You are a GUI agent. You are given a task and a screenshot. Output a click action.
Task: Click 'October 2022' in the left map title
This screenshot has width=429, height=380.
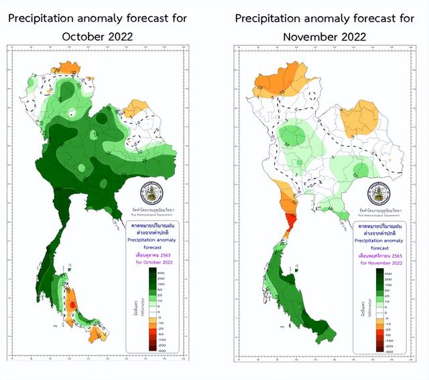(x=97, y=36)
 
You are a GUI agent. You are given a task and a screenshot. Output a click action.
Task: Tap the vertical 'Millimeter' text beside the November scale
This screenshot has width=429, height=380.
(x=361, y=312)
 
